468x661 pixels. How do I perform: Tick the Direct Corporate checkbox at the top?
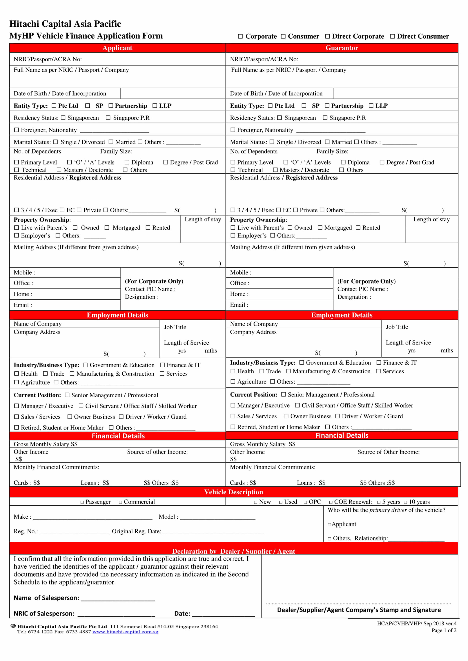327,36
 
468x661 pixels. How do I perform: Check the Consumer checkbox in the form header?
283,36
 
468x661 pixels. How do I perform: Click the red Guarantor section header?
342,48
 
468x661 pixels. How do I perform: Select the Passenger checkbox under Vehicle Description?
82,502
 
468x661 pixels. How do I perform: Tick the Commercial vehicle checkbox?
120,502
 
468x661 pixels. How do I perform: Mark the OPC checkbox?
305,502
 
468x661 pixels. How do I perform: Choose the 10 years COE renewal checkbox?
405,502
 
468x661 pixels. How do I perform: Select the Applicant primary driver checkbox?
329,525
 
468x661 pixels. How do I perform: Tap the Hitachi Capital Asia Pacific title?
65,24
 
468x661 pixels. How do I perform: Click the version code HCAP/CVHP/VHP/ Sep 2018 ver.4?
417,624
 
